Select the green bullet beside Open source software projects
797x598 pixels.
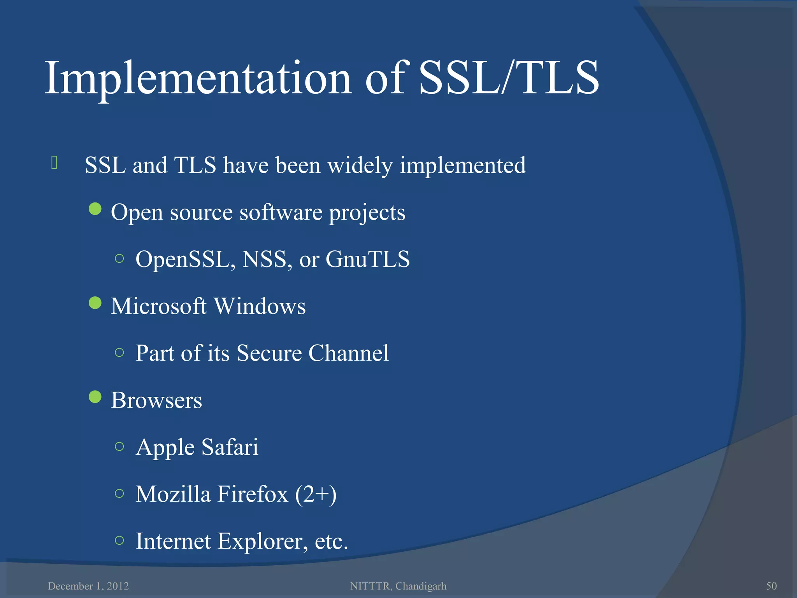point(95,209)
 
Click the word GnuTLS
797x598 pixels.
point(367,259)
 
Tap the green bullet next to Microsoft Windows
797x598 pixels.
point(95,303)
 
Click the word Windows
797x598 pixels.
point(260,306)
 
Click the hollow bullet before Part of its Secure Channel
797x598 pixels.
point(119,353)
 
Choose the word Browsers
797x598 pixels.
point(156,400)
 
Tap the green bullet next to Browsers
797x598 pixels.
point(95,397)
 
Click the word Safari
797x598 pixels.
point(230,447)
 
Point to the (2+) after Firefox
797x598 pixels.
point(316,494)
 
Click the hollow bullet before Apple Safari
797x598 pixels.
point(119,447)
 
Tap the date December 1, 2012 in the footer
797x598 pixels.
point(88,586)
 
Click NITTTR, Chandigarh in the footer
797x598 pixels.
point(398,586)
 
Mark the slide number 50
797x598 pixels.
point(771,586)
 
